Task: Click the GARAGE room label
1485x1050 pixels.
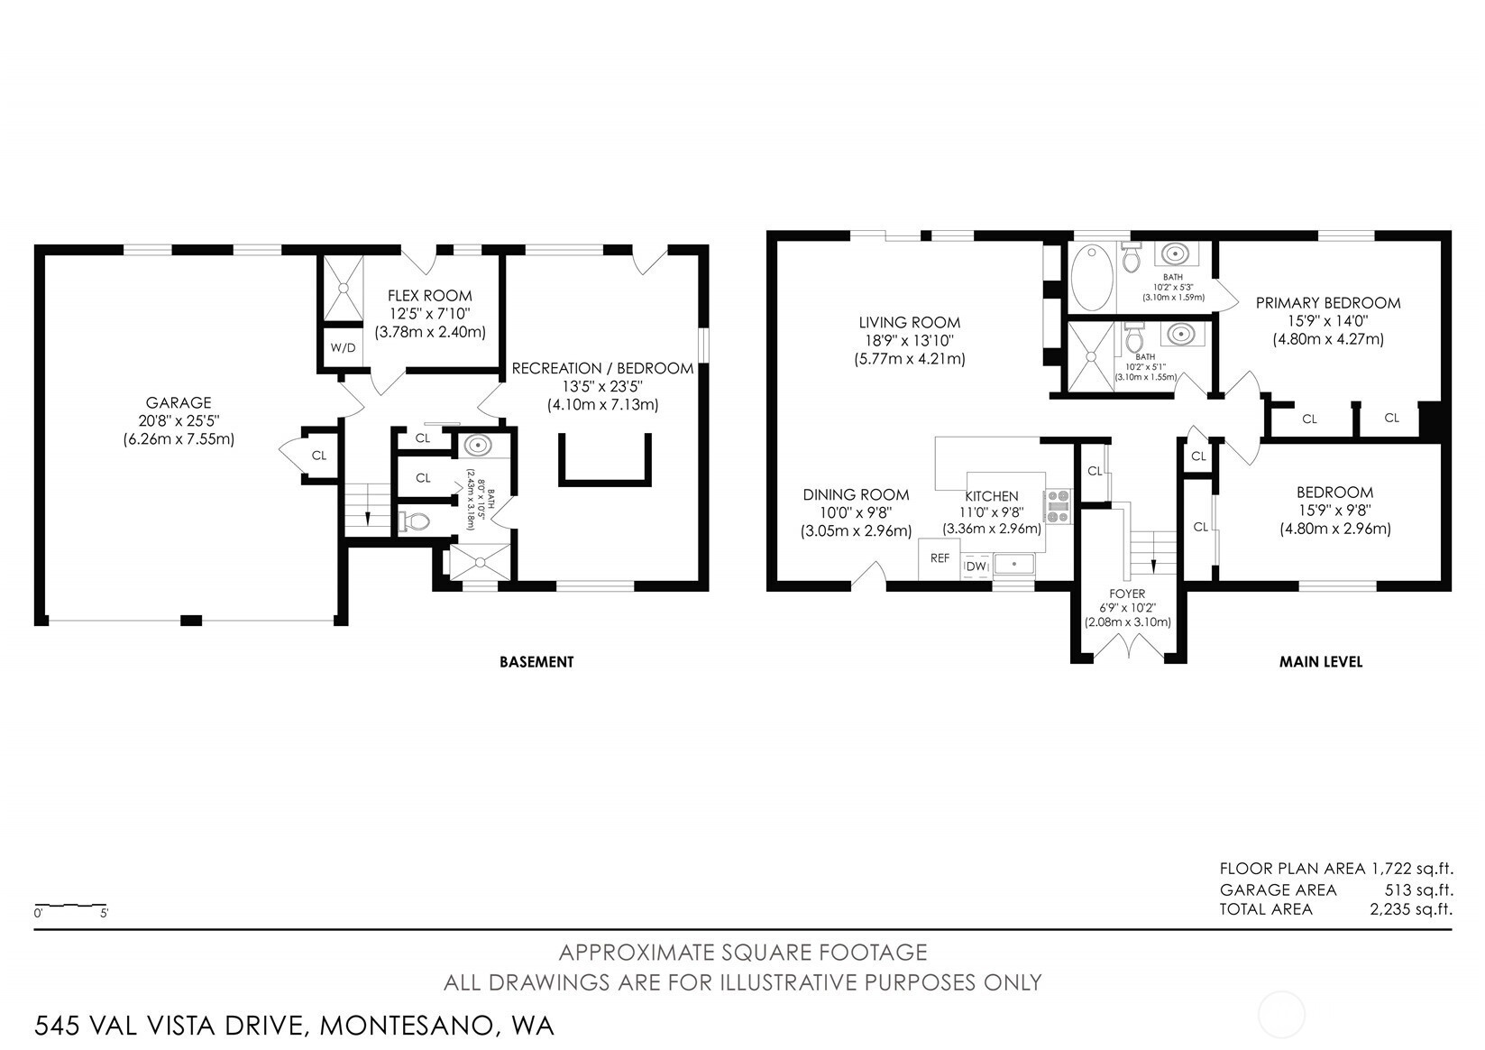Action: point(179,402)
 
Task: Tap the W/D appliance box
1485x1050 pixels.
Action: point(343,347)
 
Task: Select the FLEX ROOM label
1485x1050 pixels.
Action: point(429,296)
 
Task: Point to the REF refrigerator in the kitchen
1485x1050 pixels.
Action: point(940,558)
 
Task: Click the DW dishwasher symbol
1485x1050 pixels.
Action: point(976,566)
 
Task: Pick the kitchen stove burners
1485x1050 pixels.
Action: point(1058,507)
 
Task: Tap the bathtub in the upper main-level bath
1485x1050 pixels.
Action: point(1091,277)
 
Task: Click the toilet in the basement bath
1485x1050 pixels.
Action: point(414,522)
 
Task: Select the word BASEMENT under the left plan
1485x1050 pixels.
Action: point(536,662)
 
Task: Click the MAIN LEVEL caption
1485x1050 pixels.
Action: point(1321,662)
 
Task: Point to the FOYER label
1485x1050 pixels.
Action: point(1127,594)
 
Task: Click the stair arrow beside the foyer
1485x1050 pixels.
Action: point(1153,565)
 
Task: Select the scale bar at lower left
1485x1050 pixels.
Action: point(71,905)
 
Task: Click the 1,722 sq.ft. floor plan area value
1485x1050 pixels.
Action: point(1412,869)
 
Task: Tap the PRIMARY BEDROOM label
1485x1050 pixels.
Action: point(1328,303)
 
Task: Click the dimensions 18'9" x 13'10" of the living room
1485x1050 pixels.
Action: point(909,341)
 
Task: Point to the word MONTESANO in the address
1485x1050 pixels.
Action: point(407,1026)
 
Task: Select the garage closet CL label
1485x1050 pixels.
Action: point(319,456)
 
